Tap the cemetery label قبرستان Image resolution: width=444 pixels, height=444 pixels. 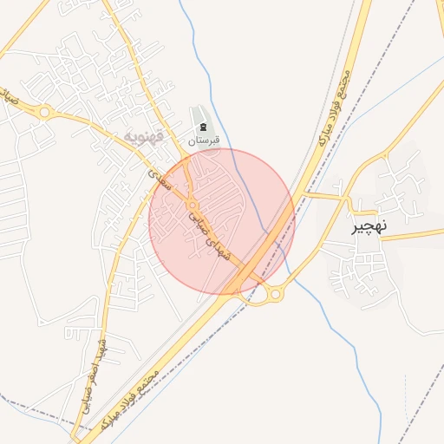206,140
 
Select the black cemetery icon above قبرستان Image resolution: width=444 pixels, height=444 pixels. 203,127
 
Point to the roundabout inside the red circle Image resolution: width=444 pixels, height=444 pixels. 192,206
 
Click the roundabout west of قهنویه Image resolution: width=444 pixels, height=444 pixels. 43,112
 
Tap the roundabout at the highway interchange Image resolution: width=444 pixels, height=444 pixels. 275,294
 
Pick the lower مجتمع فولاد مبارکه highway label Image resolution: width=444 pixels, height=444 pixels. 130,399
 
